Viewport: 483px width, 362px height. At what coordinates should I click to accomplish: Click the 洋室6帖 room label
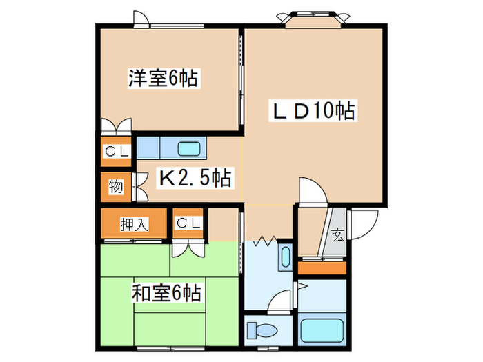163,79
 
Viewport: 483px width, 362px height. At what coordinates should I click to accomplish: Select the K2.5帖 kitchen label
195,179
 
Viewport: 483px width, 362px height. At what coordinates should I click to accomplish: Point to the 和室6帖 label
166,294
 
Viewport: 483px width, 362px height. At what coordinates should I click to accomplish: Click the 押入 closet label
134,223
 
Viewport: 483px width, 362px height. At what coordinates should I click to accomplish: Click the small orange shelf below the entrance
321,267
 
